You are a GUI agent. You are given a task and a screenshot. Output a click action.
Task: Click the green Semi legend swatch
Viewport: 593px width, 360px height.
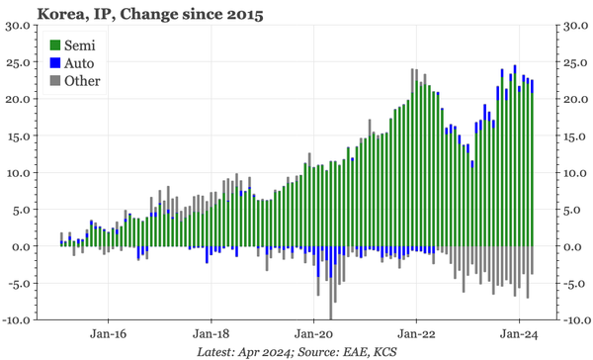point(56,45)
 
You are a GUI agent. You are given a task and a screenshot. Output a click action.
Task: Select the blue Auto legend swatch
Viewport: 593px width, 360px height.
point(56,63)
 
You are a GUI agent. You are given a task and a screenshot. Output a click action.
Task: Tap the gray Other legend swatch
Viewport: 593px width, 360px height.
point(56,81)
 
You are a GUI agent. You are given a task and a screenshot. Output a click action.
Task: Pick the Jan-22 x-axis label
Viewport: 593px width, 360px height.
point(416,334)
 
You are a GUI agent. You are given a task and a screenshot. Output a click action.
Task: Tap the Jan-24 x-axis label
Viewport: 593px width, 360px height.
point(519,334)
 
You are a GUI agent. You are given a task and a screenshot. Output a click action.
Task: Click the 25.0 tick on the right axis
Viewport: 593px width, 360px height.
point(575,62)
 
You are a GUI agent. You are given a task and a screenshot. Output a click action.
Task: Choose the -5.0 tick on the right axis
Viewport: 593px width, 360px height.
point(577,284)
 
